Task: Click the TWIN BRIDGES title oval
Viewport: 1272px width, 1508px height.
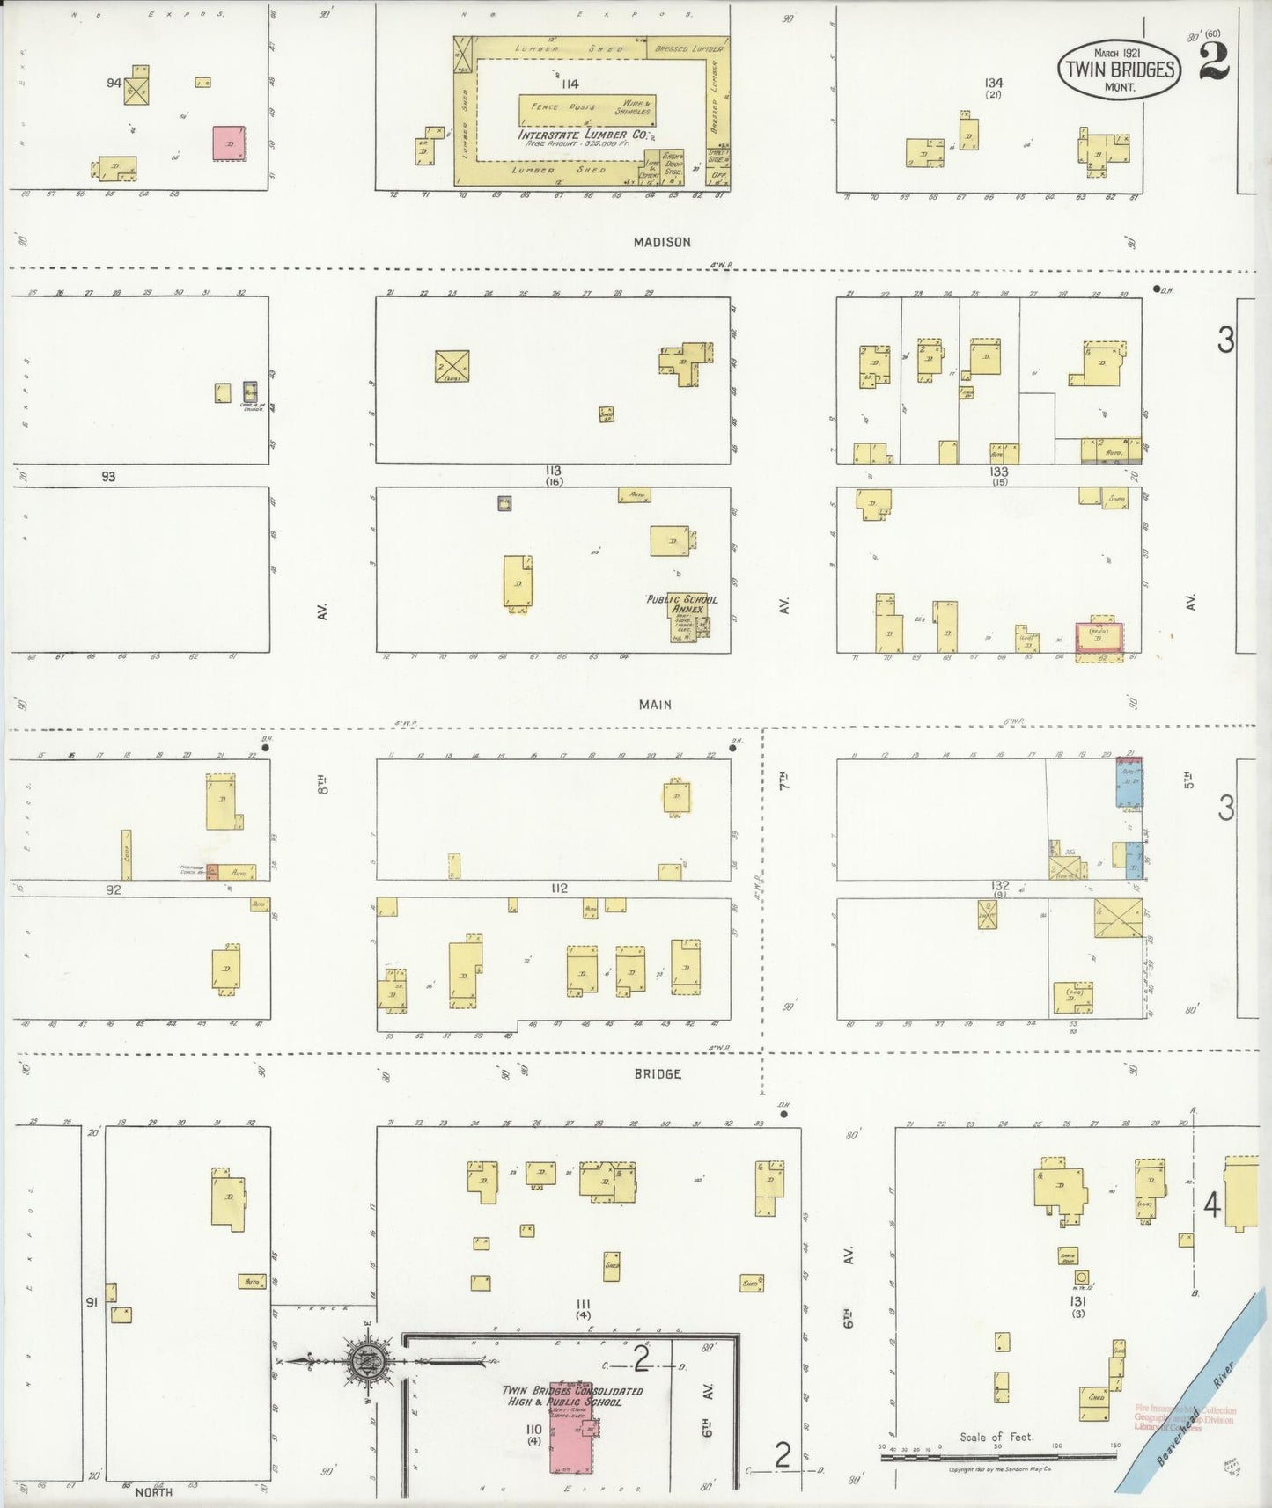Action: [1118, 70]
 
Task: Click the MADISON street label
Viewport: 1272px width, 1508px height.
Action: [662, 242]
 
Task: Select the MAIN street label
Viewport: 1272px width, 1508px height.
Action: [655, 704]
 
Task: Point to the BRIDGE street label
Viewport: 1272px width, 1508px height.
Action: [658, 1073]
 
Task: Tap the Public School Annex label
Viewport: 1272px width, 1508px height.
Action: [682, 604]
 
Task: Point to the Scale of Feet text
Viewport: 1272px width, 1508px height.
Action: [995, 1437]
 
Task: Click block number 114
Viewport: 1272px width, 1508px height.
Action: [569, 84]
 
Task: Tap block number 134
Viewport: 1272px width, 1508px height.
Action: [994, 83]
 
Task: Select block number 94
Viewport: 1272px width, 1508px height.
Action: [113, 83]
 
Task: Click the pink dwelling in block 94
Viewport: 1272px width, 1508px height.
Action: [229, 143]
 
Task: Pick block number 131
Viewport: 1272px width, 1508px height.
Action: [1077, 1300]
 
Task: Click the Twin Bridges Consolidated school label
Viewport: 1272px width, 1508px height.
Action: [572, 1396]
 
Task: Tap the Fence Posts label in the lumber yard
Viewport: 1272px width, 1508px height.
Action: [557, 106]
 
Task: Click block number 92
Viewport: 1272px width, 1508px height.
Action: [113, 889]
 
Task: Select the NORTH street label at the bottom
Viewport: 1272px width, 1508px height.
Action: [154, 1491]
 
